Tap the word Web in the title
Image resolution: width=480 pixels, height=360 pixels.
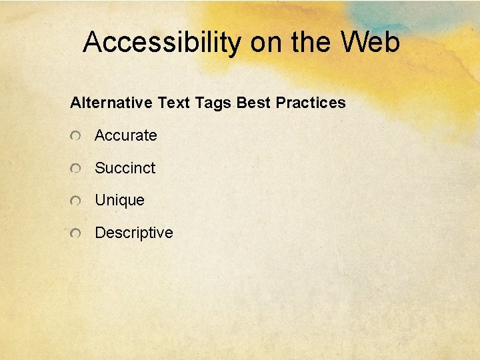click(370, 42)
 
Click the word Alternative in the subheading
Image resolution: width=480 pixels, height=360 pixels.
click(111, 103)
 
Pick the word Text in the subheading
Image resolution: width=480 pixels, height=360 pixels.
click(174, 103)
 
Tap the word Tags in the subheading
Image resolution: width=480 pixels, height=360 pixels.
click(213, 103)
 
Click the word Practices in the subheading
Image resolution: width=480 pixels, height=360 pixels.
click(311, 103)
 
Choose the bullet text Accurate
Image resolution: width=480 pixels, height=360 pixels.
click(125, 135)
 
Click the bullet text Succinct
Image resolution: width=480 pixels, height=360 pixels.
click(125, 168)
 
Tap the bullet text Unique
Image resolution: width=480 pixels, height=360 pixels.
click(119, 201)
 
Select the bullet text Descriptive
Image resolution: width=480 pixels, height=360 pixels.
click(133, 233)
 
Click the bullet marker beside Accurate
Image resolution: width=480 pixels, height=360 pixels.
click(77, 136)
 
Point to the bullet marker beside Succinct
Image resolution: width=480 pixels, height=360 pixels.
click(77, 169)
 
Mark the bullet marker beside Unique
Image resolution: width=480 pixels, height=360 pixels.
click(77, 201)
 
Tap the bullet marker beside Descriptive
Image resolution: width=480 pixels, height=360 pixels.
click(77, 233)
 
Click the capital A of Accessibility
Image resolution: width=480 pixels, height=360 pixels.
click(93, 42)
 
